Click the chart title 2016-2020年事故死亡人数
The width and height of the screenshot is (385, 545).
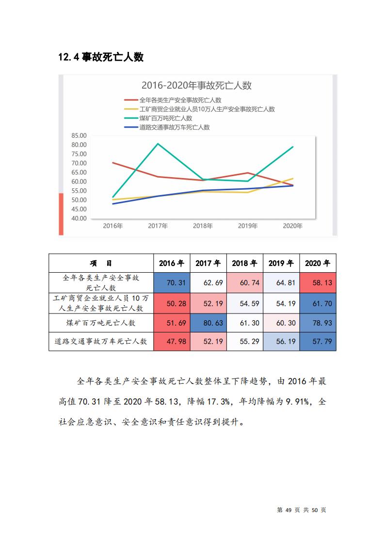point(196,85)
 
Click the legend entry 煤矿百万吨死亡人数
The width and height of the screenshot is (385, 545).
point(166,118)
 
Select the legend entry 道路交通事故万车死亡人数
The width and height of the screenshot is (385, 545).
point(174,127)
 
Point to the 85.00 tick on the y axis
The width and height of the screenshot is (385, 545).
point(79,135)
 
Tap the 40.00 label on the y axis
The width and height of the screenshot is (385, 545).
point(79,218)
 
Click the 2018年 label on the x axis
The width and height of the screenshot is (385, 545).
point(203,226)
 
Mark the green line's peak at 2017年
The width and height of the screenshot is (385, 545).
point(158,144)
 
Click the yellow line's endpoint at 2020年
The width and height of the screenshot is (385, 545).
point(293,179)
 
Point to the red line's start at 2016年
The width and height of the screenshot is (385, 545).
point(113,163)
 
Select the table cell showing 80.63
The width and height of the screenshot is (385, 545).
point(209,323)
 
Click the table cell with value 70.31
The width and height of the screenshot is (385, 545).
point(172,282)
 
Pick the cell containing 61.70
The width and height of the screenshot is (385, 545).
point(318,303)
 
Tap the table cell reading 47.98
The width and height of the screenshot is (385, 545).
point(172,341)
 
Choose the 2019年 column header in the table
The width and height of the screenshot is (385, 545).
point(281,263)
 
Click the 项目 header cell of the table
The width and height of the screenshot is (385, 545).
point(101,263)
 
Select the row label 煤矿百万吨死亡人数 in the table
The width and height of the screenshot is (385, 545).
point(101,323)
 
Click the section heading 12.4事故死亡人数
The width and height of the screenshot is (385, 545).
point(101,57)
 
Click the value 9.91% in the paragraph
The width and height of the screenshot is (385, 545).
point(298,402)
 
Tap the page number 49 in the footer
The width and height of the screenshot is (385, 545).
point(289,510)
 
